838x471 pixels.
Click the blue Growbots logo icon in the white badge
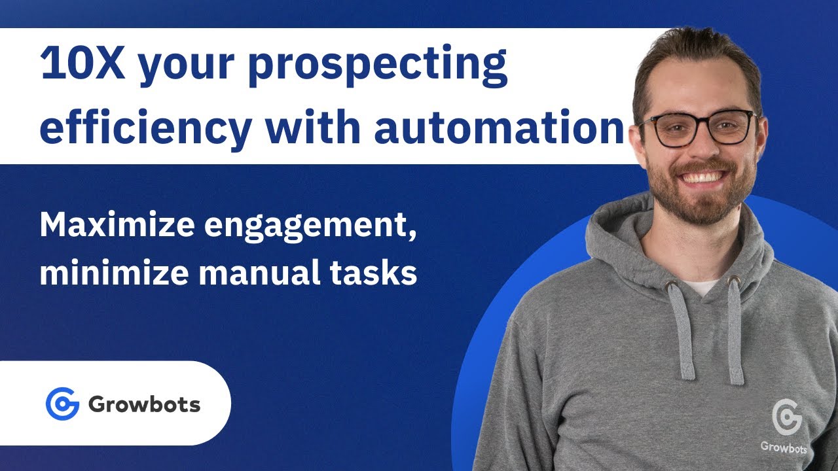pos(62,404)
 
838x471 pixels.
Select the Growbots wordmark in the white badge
pos(144,404)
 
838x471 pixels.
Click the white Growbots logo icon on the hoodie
pos(786,417)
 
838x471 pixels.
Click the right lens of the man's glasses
pos(734,126)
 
